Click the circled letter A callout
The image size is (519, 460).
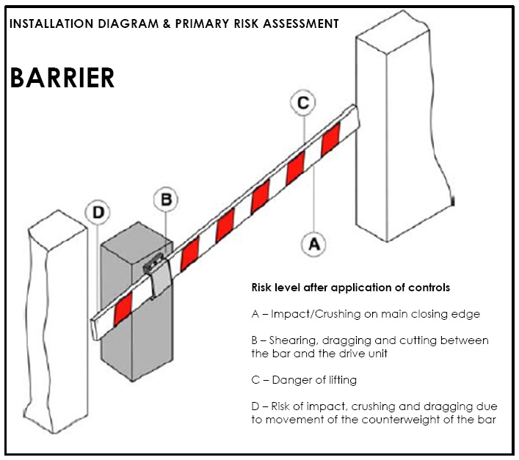pos(314,244)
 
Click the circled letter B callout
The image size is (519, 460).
pos(167,199)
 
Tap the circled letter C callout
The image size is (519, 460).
pos(302,103)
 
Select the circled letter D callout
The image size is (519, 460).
pos(98,213)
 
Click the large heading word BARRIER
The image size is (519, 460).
pos(62,78)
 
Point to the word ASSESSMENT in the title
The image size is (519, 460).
pos(302,23)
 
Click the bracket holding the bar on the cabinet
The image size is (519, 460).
pos(156,271)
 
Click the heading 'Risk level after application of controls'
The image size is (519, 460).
pos(351,287)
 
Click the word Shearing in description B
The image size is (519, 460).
pos(294,341)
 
